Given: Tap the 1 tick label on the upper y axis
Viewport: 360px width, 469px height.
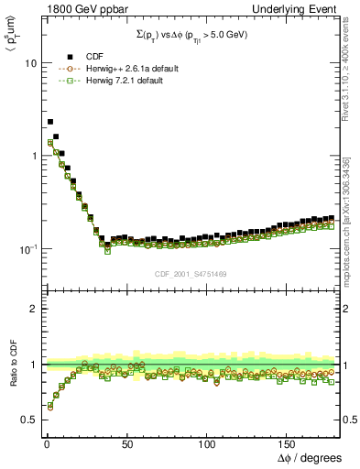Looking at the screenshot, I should tap(30, 157).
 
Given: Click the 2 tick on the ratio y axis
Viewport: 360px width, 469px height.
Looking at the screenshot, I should tap(31, 309).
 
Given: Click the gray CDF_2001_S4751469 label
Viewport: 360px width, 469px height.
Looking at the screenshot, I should tap(191, 273).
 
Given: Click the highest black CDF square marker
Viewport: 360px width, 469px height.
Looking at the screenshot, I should tap(50, 121).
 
